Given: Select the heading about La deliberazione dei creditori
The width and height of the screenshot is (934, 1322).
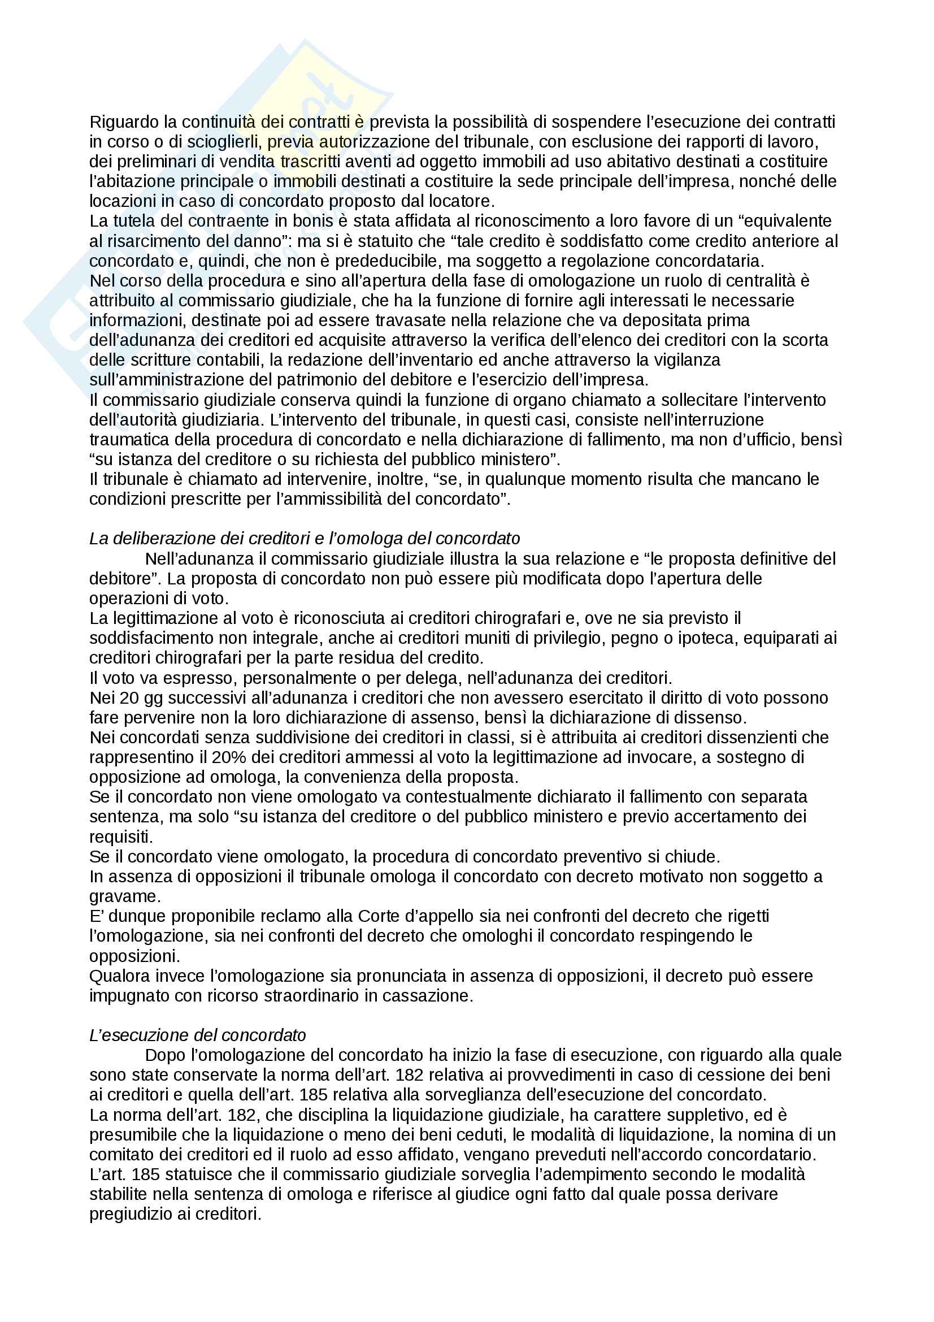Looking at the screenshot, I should pos(305,539).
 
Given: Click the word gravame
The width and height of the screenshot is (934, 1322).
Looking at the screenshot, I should pos(123,896).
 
